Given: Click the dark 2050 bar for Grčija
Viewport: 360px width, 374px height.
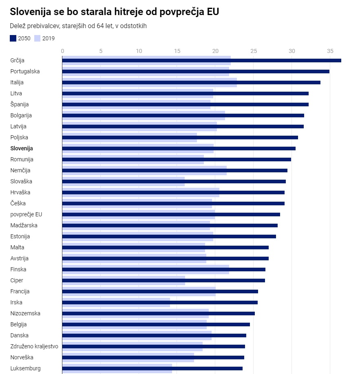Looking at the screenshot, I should point(201,60).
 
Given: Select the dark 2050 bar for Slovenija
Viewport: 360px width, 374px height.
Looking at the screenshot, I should point(179,148).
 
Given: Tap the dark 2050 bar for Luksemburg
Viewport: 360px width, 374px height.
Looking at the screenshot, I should point(152,368).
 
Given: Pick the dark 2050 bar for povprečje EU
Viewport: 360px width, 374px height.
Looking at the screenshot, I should point(171,214).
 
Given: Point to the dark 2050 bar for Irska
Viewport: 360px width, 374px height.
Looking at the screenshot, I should point(160,302).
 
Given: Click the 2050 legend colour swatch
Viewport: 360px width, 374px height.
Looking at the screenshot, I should point(13,38).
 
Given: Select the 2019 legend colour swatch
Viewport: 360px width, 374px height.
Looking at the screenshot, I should point(37,38).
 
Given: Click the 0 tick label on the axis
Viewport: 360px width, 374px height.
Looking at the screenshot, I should point(62,51).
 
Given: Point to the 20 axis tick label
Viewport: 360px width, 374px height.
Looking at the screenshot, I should point(215,51).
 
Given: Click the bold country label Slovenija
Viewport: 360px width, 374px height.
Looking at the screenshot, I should point(22,148).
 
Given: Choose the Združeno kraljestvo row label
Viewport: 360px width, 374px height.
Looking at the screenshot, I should point(34,346).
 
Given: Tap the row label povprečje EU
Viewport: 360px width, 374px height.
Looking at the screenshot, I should point(26,214).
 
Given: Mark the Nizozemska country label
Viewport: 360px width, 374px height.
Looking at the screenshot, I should point(25,313).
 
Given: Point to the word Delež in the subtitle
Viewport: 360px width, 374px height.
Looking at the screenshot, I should point(18,26).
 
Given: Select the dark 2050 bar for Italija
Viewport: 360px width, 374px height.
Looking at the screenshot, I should point(191,82).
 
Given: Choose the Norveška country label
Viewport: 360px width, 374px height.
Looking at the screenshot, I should point(22,357).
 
